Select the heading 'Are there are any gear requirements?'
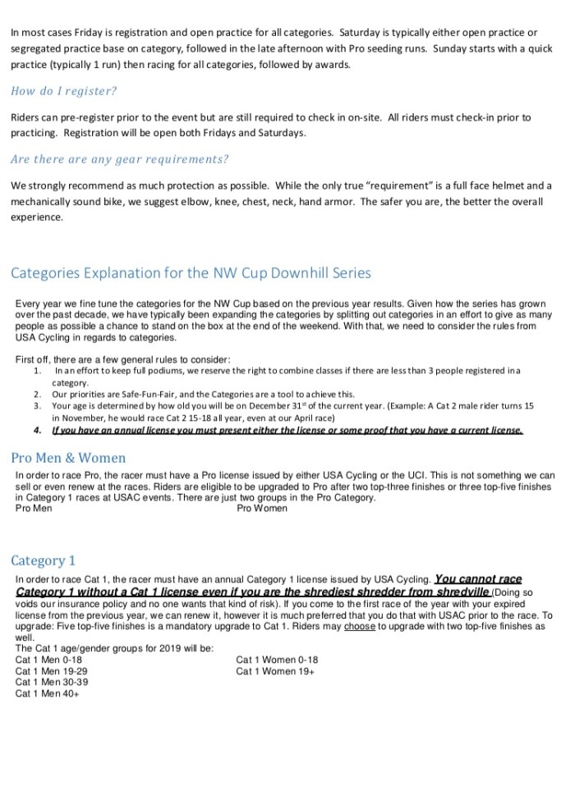click(x=120, y=158)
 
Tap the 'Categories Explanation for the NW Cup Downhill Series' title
click(x=191, y=272)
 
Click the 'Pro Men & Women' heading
click(x=68, y=458)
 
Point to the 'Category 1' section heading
click(x=43, y=560)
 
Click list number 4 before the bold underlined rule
click(x=38, y=429)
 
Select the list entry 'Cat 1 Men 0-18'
click(x=49, y=660)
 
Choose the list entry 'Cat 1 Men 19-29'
click(x=52, y=671)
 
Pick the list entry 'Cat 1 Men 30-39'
click(x=52, y=682)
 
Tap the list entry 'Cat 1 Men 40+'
click(x=47, y=693)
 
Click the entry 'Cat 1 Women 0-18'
click(x=277, y=660)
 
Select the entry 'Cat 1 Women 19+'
click(x=275, y=671)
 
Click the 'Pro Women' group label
click(x=262, y=509)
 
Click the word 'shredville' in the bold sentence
click(x=464, y=592)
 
